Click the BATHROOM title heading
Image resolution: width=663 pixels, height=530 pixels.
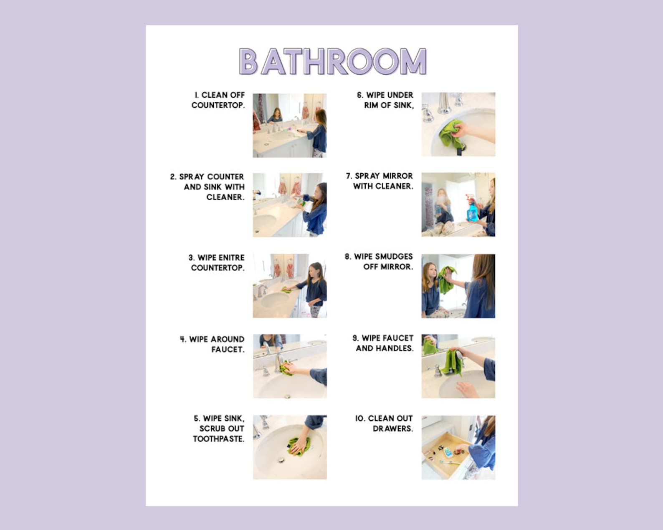click(x=332, y=62)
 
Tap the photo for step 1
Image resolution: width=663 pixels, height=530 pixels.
click(x=289, y=125)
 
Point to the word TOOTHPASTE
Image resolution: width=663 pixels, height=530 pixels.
click(x=218, y=439)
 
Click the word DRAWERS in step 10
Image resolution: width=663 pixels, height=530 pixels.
click(x=392, y=429)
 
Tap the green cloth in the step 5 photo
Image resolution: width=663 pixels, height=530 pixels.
click(x=299, y=446)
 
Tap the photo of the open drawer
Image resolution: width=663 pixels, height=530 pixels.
click(x=458, y=447)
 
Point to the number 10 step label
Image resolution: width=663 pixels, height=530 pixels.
click(x=359, y=419)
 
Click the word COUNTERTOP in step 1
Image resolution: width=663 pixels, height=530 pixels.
click(x=218, y=105)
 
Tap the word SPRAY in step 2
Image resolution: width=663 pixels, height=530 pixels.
click(x=190, y=177)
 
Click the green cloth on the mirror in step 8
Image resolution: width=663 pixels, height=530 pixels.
click(x=446, y=278)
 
